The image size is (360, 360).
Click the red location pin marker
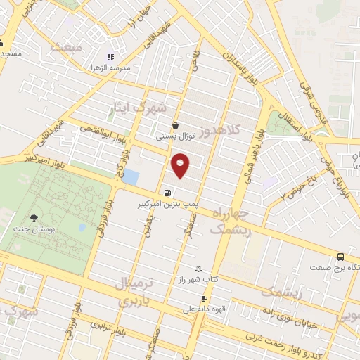coord(181,166)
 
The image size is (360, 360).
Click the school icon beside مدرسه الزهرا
coord(109,57)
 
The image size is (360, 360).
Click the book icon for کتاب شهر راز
coord(198,269)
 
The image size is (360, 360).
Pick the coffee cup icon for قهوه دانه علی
coord(204,299)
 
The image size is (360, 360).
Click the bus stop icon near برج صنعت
coord(341,257)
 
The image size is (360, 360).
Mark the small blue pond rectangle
coord(130,176)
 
